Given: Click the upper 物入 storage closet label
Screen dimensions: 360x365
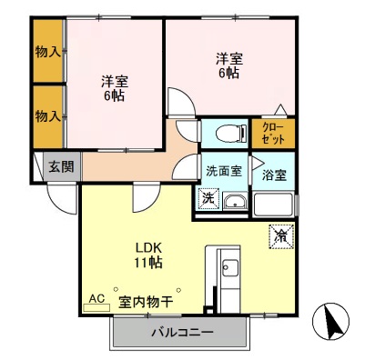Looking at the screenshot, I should tap(47, 52).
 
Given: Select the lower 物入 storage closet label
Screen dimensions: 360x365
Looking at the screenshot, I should tap(47, 115).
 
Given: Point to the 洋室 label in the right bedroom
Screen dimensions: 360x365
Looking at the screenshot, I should tap(228, 59).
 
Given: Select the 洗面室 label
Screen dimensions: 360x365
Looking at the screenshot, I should tap(222, 170).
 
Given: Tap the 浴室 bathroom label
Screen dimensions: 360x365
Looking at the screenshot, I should tap(274, 174).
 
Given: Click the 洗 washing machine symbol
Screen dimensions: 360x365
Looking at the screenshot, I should tap(208, 198).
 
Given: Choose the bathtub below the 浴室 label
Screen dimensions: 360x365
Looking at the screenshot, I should tap(275, 203).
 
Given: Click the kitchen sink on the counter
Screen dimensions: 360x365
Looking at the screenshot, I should tap(228, 269).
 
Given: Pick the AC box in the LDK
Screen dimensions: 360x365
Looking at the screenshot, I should tap(96, 298).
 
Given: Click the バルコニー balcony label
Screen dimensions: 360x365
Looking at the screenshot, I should tap(181, 333).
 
